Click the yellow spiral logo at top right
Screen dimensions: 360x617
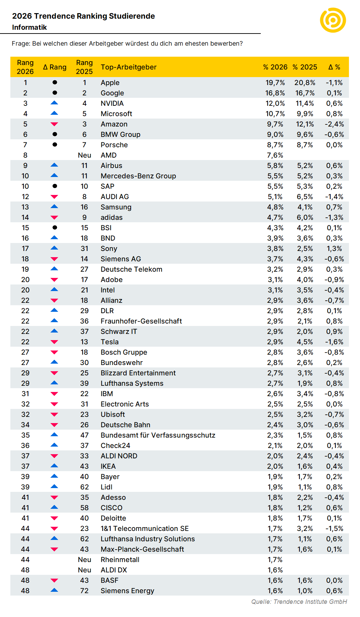coord(333,20)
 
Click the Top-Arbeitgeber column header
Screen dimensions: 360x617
coord(129,67)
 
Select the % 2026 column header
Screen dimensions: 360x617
coord(275,67)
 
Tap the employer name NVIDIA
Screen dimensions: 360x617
coord(112,103)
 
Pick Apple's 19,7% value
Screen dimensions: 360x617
coord(275,83)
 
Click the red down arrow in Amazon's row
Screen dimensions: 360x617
coord(54,124)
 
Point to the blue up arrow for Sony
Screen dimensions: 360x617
coord(54,248)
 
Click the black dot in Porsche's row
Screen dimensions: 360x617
coord(55,144)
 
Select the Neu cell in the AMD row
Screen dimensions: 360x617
coord(84,155)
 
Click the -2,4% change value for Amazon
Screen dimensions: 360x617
coord(334,124)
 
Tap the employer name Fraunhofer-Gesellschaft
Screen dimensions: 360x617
coord(141,321)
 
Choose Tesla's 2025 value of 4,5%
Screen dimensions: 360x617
coord(305,342)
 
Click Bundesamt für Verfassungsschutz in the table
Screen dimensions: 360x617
coord(158,435)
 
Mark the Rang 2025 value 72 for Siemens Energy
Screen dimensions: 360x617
coord(84,591)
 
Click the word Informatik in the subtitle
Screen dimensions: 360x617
coord(29,27)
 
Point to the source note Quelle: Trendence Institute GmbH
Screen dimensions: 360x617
coord(299,602)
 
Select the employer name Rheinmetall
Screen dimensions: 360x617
coord(120,560)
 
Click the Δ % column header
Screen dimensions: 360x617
coord(334,67)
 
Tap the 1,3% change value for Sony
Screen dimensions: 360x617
coord(334,249)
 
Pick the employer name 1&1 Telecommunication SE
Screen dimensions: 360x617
coord(145,529)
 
